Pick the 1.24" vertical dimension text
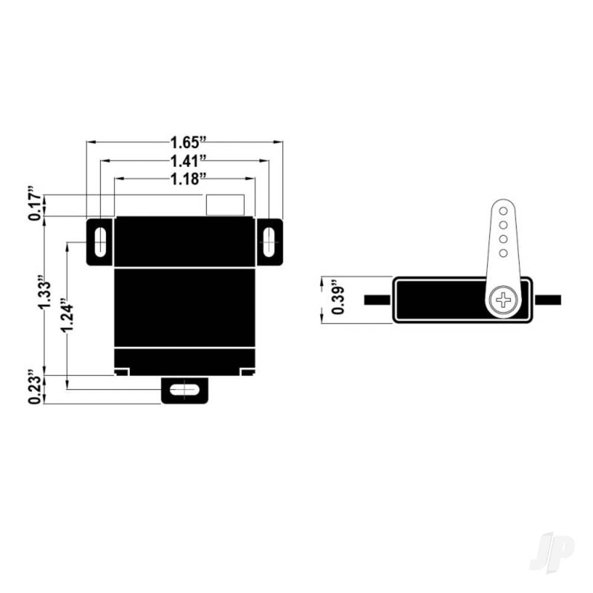(x=66, y=320)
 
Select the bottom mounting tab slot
(x=185, y=390)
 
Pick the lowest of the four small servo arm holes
(x=503, y=253)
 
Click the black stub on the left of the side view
(x=377, y=299)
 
